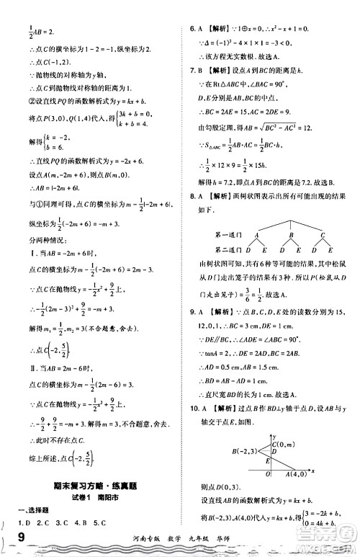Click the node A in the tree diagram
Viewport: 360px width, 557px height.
pos(256,236)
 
